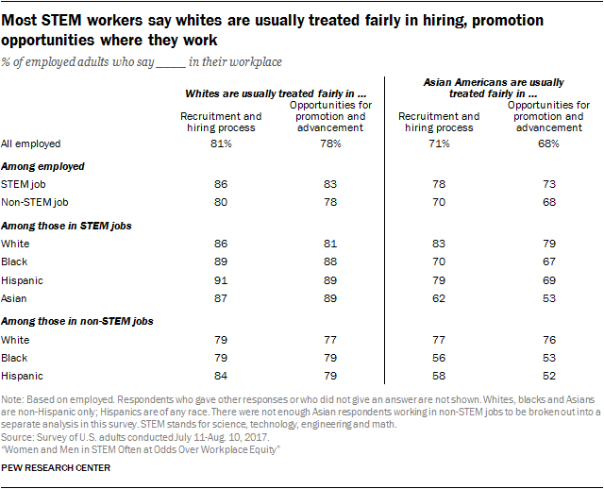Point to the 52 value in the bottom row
[x=547, y=376]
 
